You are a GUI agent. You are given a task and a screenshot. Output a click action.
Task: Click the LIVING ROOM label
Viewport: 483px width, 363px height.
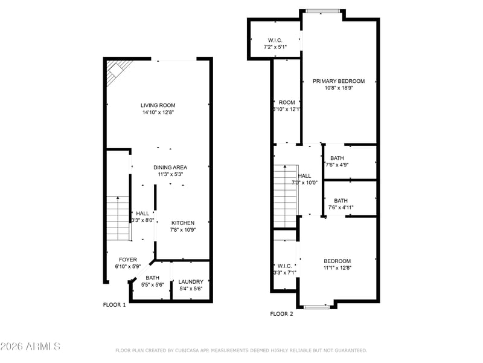pyautogui.click(x=158, y=105)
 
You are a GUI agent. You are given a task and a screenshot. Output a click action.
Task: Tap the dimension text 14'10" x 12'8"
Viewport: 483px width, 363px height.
pyautogui.click(x=158, y=113)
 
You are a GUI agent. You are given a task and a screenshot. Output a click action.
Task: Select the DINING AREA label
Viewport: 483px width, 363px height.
pyautogui.click(x=170, y=167)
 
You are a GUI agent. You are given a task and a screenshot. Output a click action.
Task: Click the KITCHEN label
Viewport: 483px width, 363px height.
pyautogui.click(x=182, y=223)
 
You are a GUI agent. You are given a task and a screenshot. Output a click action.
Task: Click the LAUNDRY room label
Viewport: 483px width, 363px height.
pyautogui.click(x=191, y=281)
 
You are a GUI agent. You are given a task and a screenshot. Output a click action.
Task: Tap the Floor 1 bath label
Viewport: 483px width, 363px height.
pyautogui.click(x=152, y=278)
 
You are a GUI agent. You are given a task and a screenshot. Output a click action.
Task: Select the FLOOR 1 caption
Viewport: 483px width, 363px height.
pyautogui.click(x=114, y=305)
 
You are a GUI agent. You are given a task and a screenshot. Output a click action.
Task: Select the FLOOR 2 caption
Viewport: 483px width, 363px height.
pyautogui.click(x=281, y=314)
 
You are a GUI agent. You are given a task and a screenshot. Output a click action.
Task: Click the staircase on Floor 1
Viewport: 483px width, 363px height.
pyautogui.click(x=118, y=218)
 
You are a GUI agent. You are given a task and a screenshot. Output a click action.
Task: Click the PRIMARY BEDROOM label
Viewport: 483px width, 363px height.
pyautogui.click(x=338, y=81)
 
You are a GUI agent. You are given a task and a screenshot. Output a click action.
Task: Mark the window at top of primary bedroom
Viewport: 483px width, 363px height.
pyautogui.click(x=322, y=10)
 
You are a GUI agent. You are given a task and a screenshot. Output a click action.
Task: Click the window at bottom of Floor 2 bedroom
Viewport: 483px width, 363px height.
pyautogui.click(x=316, y=307)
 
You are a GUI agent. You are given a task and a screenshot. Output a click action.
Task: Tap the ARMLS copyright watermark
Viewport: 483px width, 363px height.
pyautogui.click(x=30, y=347)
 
